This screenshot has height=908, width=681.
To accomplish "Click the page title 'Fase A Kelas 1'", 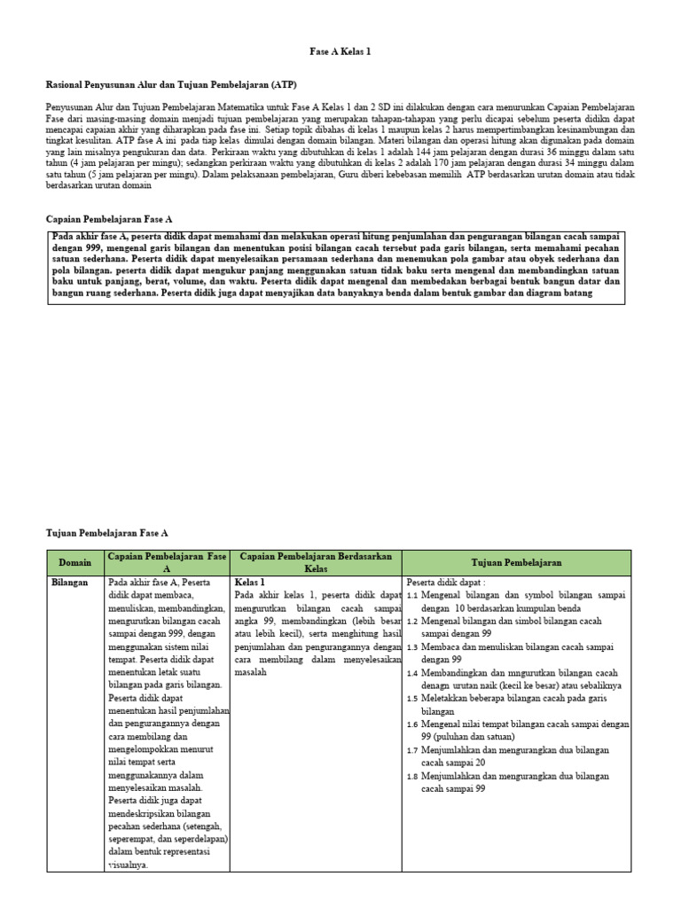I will pos(340,52).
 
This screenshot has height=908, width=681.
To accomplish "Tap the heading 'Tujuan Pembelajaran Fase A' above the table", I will pos(106,533).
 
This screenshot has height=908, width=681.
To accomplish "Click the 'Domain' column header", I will pos(74,563).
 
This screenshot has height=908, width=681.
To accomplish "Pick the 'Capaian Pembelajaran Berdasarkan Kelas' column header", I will pos(316,562).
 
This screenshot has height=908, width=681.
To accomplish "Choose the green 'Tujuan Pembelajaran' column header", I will pos(516,563).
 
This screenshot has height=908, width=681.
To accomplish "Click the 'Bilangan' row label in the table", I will pos(70,583).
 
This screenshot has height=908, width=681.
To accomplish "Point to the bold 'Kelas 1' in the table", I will pos(250,583).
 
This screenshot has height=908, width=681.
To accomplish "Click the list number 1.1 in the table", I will pos(412,595).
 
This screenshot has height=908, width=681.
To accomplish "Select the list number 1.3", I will pos(412,647).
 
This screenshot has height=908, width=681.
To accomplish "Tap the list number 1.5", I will pos(412,699).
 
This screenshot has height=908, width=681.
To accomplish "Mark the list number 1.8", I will pos(412,776).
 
